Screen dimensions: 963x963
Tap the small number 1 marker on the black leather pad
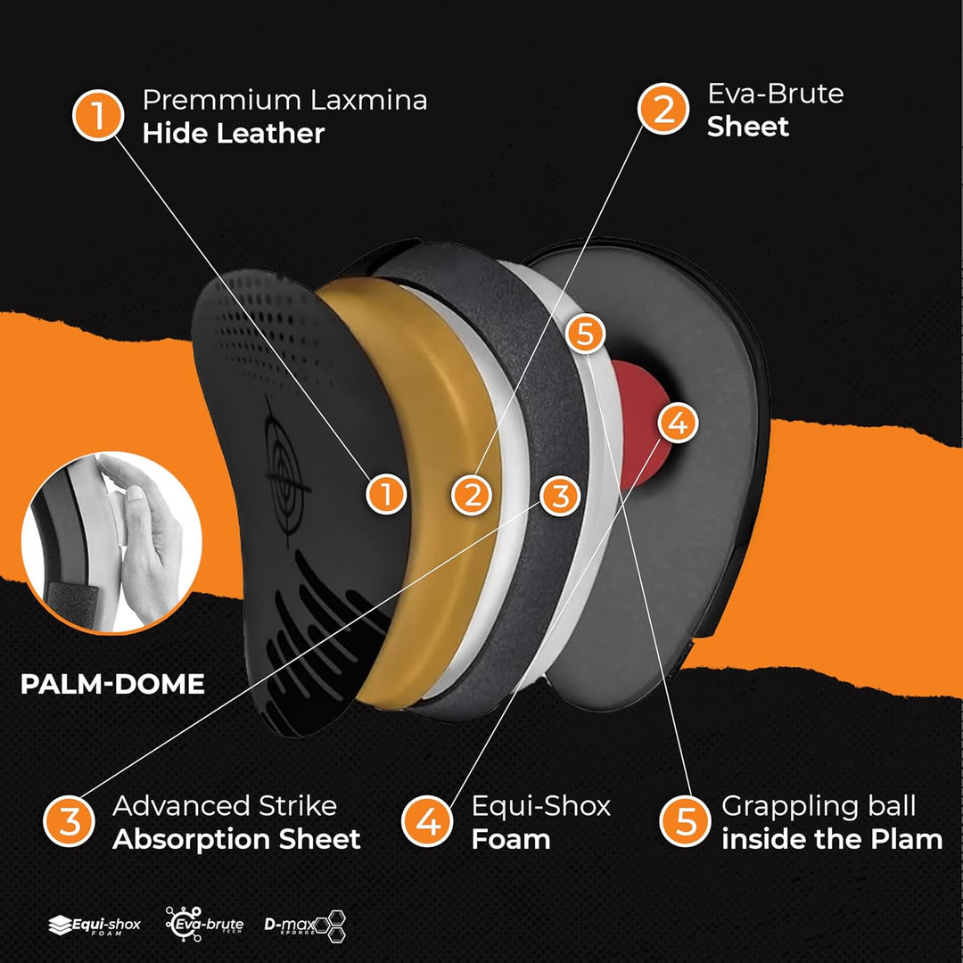[386, 494]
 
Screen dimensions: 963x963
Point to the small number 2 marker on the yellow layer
[472, 494]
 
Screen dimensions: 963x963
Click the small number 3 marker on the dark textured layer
[559, 496]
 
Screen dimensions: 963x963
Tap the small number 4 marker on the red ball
[677, 424]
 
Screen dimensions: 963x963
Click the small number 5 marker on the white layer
[586, 335]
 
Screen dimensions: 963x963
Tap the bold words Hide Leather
[233, 134]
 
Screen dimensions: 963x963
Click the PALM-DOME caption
[112, 684]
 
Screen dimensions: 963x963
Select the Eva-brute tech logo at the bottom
[204, 925]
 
